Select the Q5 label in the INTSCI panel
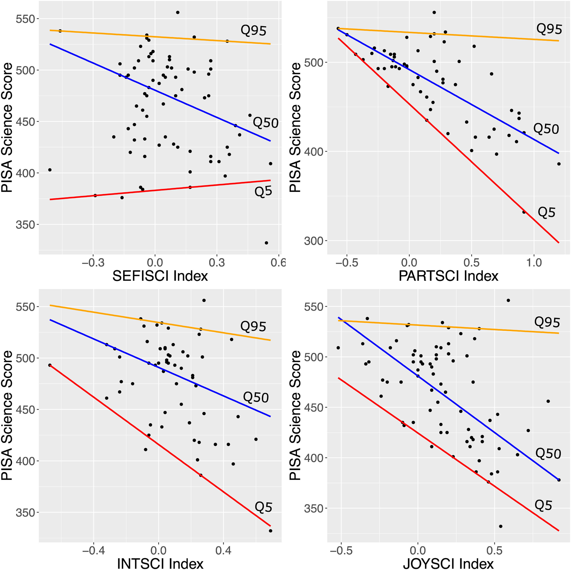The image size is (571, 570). (x=263, y=507)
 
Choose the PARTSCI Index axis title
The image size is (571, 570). (x=448, y=276)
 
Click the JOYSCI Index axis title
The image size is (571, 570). (x=448, y=564)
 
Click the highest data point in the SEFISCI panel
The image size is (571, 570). (x=178, y=12)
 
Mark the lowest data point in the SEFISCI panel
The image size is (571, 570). (x=266, y=243)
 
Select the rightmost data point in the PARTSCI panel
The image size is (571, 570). (x=559, y=164)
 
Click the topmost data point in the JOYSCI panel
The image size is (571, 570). (x=508, y=300)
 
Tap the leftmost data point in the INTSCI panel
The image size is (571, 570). (x=50, y=365)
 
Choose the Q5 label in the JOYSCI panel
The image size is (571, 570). (x=543, y=505)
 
